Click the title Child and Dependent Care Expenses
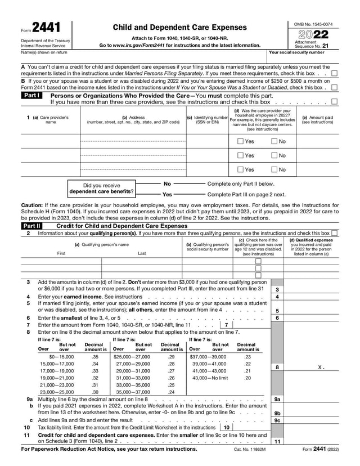click(179, 27)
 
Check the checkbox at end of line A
click(335, 73)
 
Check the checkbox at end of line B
click(335, 87)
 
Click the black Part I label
click(31, 96)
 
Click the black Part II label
click(31, 226)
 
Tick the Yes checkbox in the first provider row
click(240, 141)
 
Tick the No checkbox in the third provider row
click(274, 169)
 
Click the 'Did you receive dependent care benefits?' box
click(101, 189)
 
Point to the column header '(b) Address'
click(133, 119)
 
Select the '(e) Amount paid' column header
click(317, 119)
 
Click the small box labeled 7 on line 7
click(226, 325)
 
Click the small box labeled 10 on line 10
click(226, 427)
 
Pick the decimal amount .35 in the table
click(95, 356)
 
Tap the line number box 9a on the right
click(277, 399)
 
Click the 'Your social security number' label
click(296, 52)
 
